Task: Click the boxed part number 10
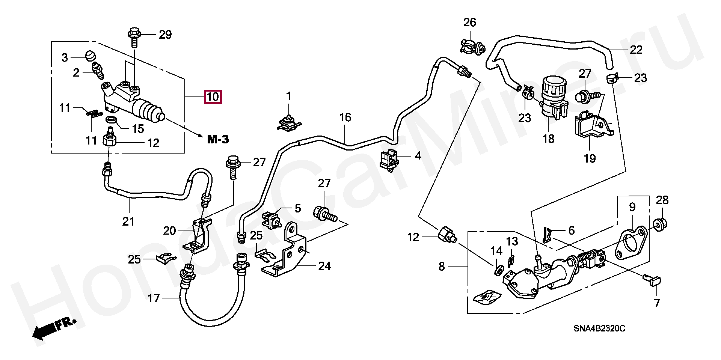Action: coord(213,97)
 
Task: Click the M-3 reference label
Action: coord(218,140)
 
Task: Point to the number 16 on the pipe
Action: coord(345,117)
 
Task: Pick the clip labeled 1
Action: coord(289,122)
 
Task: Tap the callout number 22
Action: coord(636,50)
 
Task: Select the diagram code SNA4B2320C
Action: coord(599,329)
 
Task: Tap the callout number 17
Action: coord(154,298)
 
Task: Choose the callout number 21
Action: coord(128,221)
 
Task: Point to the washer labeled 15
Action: coord(111,120)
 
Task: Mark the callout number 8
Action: coord(442,267)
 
